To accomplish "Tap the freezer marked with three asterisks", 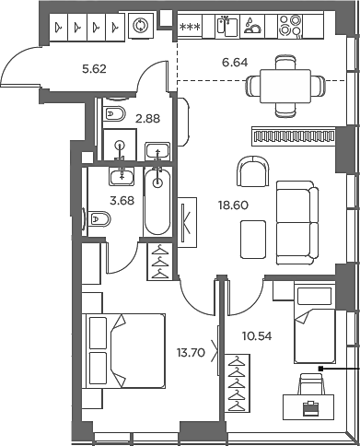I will point(191,27).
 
